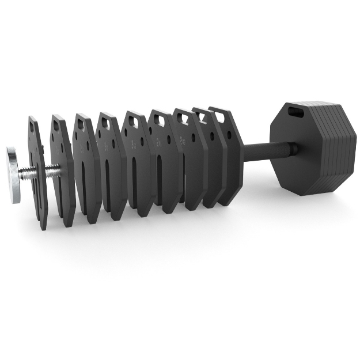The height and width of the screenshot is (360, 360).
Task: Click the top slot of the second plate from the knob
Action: pos(58,123)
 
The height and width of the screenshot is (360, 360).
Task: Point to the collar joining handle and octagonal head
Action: pos(291,151)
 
